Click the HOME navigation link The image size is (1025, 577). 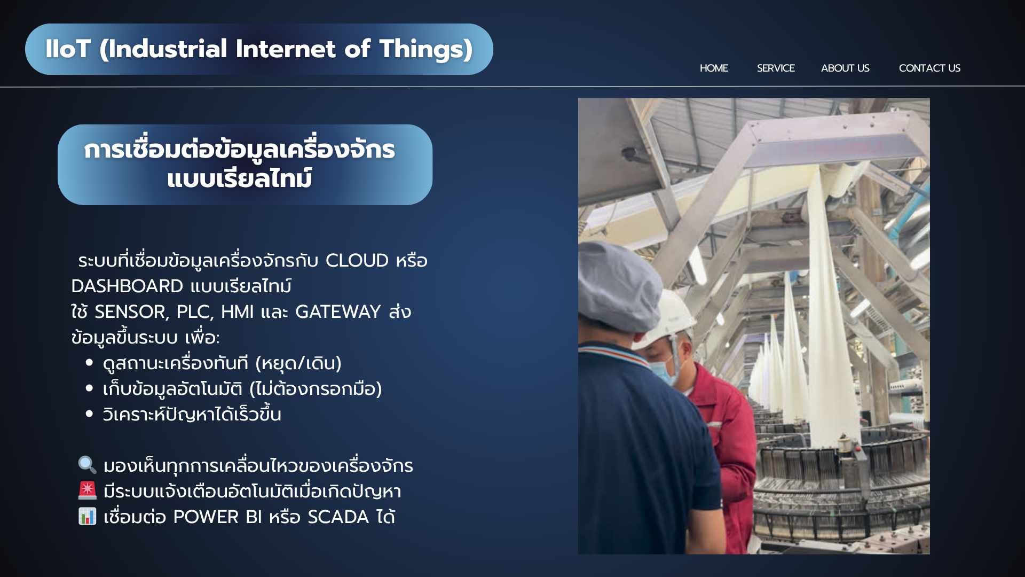pos(714,68)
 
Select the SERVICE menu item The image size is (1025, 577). pos(776,68)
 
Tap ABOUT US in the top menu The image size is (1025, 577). pos(845,68)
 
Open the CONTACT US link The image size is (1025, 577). pos(929,68)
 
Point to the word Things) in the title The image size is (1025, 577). pos(426,50)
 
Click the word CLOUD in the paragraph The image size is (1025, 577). pos(357,261)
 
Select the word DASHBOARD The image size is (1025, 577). pos(127,286)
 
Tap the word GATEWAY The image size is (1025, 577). pos(338,312)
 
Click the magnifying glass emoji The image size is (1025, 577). pos(88,465)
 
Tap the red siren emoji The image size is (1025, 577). pos(88,490)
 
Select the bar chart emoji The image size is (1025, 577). pos(88,516)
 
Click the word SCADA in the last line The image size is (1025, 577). pos(338,517)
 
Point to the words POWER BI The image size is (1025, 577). pos(218,517)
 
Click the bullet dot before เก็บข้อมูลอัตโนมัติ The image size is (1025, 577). pos(89,388)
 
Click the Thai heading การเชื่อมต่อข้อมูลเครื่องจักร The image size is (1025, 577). pos(240,150)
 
